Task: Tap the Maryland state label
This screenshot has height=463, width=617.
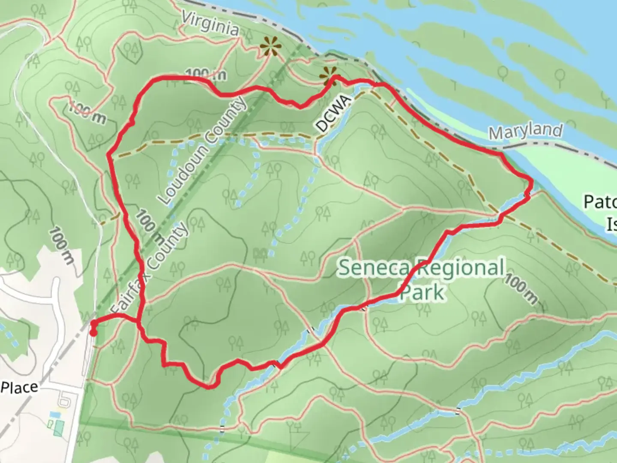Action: [525, 131]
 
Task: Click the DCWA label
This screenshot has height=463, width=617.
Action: [332, 114]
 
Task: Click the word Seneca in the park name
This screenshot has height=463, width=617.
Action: [375, 268]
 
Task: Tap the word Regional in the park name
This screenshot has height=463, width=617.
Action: [460, 268]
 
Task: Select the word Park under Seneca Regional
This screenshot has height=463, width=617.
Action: [422, 292]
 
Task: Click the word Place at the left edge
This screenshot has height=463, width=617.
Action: [19, 388]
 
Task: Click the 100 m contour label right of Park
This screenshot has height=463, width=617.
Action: [520, 290]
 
